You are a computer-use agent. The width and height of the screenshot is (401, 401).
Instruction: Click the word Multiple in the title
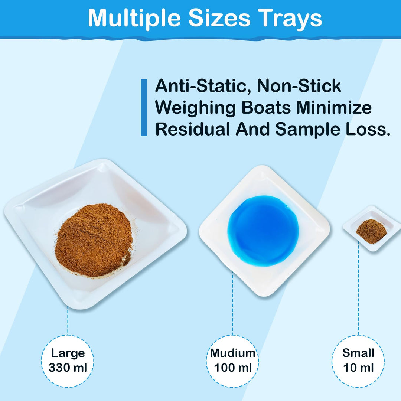click(x=134, y=18)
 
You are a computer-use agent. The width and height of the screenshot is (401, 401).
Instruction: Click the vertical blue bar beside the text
click(x=144, y=108)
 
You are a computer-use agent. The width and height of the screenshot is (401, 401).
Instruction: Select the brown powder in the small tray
click(x=371, y=231)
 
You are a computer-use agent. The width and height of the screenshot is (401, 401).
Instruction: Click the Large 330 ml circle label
click(x=67, y=361)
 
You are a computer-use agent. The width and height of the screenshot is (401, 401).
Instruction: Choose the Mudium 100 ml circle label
click(x=232, y=361)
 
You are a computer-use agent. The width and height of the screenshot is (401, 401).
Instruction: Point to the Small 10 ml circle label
click(x=358, y=361)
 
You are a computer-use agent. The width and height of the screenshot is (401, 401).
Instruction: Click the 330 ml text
click(x=68, y=368)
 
